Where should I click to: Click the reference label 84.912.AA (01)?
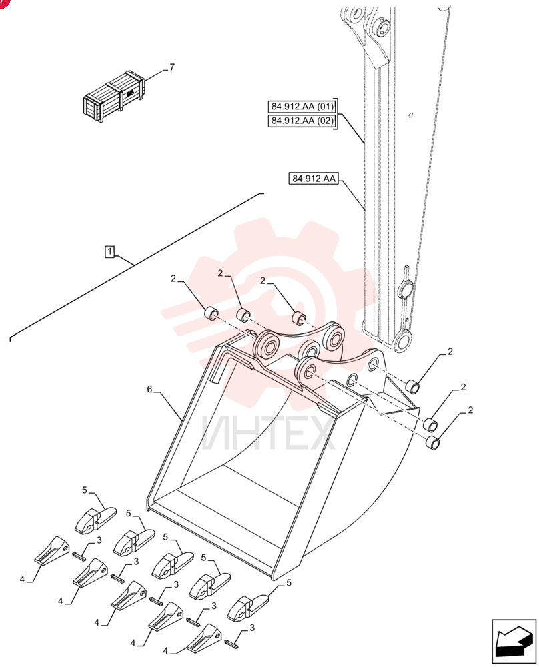(x=302, y=106)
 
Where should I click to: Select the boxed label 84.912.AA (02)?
(x=302, y=121)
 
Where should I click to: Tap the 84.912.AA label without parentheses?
(x=314, y=179)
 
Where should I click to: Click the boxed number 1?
(x=110, y=251)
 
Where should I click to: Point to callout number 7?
(x=172, y=67)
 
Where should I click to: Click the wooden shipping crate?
(x=114, y=95)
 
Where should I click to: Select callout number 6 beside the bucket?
(x=149, y=389)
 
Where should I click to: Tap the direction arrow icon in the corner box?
(x=514, y=642)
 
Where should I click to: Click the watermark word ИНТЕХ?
(x=268, y=433)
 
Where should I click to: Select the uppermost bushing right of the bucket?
(x=412, y=387)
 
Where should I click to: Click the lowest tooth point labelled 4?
(x=203, y=639)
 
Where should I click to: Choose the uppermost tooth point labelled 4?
(x=51, y=550)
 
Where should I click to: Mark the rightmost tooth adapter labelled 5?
(x=247, y=608)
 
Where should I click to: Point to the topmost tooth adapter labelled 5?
(x=95, y=520)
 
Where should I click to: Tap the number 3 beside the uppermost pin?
(x=99, y=540)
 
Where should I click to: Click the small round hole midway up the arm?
(x=410, y=115)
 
